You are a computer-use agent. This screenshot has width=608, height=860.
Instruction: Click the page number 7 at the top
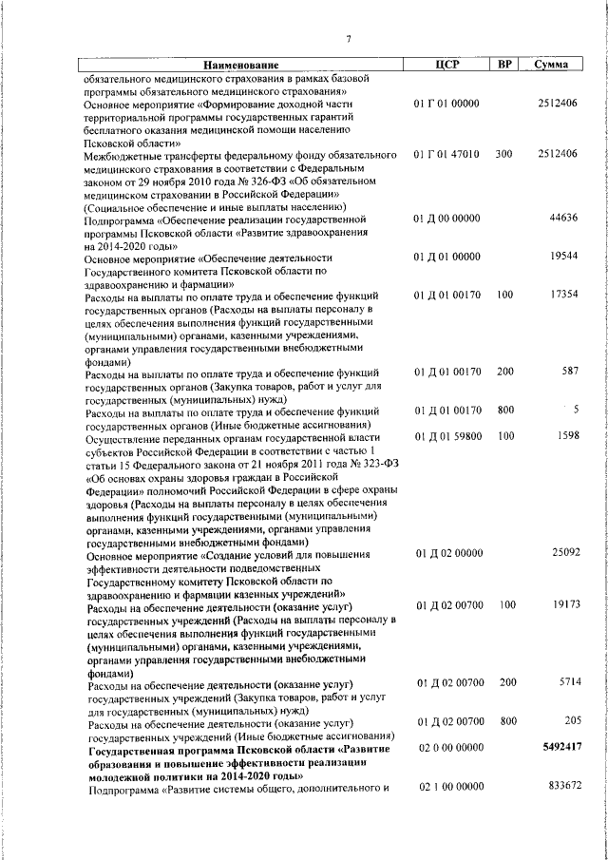pos(349,39)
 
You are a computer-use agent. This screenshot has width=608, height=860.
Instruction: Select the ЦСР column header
pos(446,65)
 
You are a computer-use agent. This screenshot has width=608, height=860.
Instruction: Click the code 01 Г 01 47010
pos(446,153)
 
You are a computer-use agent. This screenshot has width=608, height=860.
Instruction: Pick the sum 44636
pos(564,218)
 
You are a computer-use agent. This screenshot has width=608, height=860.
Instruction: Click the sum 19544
pos(564,257)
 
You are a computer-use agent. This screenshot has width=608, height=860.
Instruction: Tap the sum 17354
pos(564,296)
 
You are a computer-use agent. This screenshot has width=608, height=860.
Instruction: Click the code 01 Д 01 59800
pos(446,436)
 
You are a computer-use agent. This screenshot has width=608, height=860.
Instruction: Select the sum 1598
pos(567,436)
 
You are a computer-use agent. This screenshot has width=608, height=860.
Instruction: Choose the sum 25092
pos(564,552)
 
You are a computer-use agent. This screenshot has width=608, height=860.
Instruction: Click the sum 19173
pos(564,603)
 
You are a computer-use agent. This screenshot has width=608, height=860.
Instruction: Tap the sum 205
pos(570,721)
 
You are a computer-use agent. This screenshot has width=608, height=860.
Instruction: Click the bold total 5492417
pos(559,748)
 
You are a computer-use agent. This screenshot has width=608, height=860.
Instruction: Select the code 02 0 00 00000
pos(446,748)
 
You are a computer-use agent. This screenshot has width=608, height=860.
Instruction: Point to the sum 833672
pos(560,787)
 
